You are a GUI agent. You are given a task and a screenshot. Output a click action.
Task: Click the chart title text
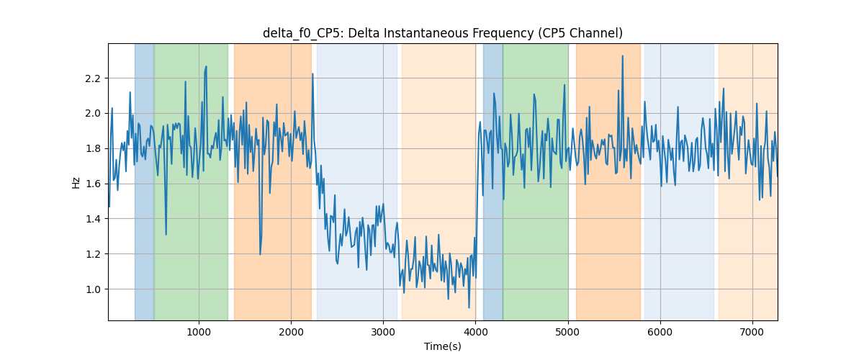pyautogui.click(x=442, y=33)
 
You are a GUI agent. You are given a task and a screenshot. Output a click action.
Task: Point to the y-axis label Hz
pyautogui.click(x=76, y=182)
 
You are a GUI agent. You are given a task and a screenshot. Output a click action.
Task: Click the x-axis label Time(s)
pyautogui.click(x=442, y=346)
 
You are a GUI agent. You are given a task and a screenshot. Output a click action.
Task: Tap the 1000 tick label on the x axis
pyautogui.click(x=199, y=332)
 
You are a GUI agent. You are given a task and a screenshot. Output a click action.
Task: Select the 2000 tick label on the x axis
pyautogui.click(x=291, y=332)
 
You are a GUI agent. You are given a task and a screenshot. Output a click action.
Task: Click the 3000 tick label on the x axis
pyautogui.click(x=383, y=332)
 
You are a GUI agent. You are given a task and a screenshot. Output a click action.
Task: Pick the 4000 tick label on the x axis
pyautogui.click(x=476, y=332)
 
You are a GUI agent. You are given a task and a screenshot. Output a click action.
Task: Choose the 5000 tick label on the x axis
pyautogui.click(x=568, y=332)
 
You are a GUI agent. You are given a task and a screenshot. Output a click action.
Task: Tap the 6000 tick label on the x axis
pyautogui.click(x=660, y=332)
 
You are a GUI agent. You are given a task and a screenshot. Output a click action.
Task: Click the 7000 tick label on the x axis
pyautogui.click(x=752, y=332)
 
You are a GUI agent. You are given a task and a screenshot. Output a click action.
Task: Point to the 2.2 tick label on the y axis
pyautogui.click(x=93, y=78)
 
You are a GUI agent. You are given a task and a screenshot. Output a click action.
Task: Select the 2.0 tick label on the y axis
pyautogui.click(x=93, y=114)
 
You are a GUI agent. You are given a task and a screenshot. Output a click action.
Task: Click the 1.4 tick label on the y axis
pyautogui.click(x=93, y=219)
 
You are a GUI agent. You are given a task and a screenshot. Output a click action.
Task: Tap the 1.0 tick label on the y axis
pyautogui.click(x=93, y=289)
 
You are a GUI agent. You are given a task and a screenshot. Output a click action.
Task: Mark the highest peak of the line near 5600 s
pyautogui.click(x=622, y=56)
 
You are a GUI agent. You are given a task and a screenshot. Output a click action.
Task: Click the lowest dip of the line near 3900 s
pyautogui.click(x=469, y=307)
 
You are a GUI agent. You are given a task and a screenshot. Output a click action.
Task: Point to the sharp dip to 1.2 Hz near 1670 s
pyautogui.click(x=260, y=254)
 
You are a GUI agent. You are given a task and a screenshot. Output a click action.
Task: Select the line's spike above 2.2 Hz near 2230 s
pyautogui.click(x=312, y=73)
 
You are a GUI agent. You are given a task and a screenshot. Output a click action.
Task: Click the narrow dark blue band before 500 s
pyautogui.click(x=144, y=181)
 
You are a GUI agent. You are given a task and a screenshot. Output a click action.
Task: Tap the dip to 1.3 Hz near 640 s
pyautogui.click(x=166, y=234)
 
